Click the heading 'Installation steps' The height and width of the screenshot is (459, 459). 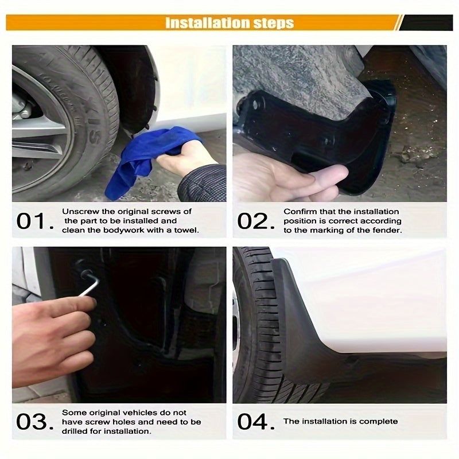[229, 23]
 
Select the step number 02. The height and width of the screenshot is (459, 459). [253, 221]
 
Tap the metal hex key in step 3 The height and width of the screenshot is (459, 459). [89, 284]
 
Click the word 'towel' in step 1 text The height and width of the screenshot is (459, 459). [185, 230]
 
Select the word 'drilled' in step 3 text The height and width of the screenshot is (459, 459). [75, 431]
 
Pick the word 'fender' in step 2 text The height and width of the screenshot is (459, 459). [388, 230]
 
